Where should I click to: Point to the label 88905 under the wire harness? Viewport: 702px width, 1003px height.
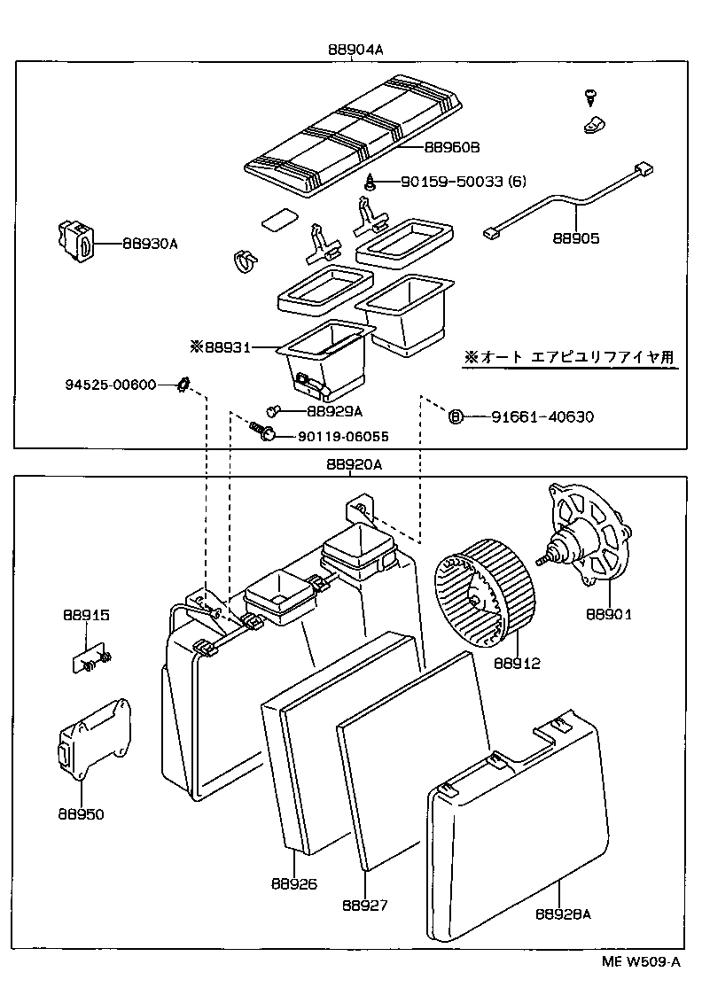[x=576, y=238]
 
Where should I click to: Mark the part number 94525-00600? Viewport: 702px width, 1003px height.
[x=110, y=385]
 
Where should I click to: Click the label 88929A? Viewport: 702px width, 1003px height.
[x=335, y=411]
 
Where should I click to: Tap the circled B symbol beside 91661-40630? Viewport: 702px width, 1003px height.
[x=456, y=417]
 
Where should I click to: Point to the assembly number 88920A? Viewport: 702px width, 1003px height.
[x=354, y=465]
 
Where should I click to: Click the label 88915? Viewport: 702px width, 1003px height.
[x=86, y=615]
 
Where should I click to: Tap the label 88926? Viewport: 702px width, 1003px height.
[x=294, y=883]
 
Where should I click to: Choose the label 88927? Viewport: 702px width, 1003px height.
[x=365, y=906]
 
